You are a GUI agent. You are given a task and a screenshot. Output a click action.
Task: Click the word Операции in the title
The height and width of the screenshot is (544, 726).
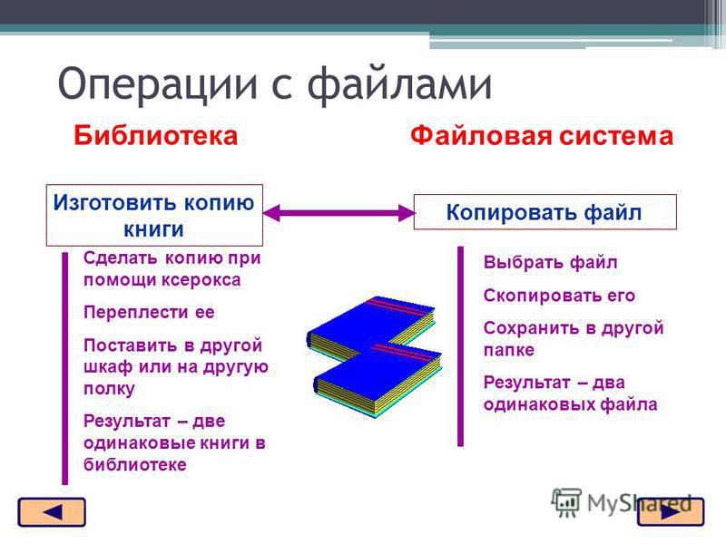(x=157, y=84)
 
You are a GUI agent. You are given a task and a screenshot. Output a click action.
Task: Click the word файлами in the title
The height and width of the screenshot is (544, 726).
(x=399, y=83)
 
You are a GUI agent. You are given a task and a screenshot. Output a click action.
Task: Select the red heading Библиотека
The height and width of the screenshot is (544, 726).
(x=155, y=136)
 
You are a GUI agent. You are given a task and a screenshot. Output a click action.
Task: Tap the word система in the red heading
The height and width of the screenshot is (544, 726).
(x=616, y=136)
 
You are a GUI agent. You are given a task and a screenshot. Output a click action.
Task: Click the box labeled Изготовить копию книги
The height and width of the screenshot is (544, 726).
(x=154, y=215)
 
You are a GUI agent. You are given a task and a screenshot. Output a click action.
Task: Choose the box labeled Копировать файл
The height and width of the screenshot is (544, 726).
(x=544, y=212)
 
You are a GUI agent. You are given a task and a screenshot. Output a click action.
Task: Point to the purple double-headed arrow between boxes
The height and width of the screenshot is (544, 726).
(x=338, y=213)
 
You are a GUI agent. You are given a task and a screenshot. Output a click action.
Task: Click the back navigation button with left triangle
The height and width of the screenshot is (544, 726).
(x=52, y=512)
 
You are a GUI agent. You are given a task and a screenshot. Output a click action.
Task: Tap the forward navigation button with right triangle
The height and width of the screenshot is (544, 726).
(x=671, y=512)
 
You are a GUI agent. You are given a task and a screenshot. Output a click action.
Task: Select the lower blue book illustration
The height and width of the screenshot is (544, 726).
(x=378, y=380)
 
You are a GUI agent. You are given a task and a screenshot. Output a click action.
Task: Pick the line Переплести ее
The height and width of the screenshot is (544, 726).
(x=149, y=312)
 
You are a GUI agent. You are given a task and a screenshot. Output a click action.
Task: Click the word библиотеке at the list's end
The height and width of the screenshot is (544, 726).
(x=134, y=464)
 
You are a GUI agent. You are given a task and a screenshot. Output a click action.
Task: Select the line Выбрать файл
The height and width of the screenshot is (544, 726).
(x=551, y=263)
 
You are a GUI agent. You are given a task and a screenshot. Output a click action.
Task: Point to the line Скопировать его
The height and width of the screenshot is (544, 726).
(x=559, y=296)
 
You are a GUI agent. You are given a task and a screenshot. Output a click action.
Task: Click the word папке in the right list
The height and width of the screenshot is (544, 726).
(x=509, y=350)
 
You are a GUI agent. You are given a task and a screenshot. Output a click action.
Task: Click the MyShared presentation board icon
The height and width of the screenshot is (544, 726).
(x=566, y=502)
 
